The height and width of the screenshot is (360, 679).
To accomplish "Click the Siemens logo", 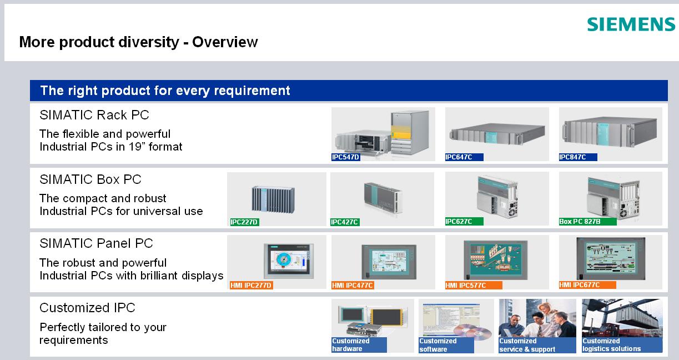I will coord(631,24).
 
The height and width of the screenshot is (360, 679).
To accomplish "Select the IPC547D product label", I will coord(346,157).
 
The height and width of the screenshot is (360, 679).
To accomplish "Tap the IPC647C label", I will coord(459,157).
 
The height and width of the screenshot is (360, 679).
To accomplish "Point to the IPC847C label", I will coord(572,157).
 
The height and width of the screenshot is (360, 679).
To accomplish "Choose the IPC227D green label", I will coord(245,222).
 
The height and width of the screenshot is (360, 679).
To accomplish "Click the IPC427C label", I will coord(345,222).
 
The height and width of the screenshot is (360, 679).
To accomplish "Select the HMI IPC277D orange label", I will coord(251,286).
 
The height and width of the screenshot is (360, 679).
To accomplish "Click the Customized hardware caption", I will coord(351,345).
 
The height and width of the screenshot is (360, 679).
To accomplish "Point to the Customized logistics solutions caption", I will coord(611,345).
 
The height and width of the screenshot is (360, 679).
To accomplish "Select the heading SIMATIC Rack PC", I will coord(94,115).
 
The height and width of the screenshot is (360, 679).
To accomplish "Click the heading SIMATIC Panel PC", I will coord(96,243).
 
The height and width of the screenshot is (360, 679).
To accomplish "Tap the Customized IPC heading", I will coord(87,308).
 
